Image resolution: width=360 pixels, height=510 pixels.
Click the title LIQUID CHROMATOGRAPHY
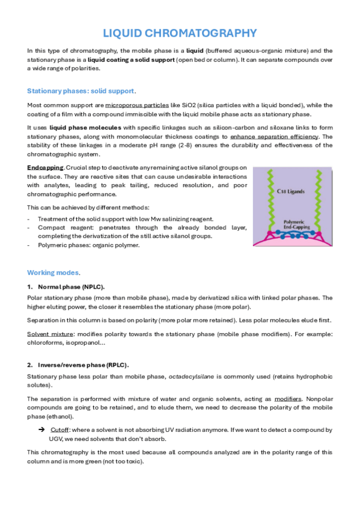click(x=180, y=33)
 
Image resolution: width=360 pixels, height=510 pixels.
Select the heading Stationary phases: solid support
click(x=81, y=91)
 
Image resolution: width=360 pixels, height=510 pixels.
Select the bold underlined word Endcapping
click(x=45, y=167)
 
